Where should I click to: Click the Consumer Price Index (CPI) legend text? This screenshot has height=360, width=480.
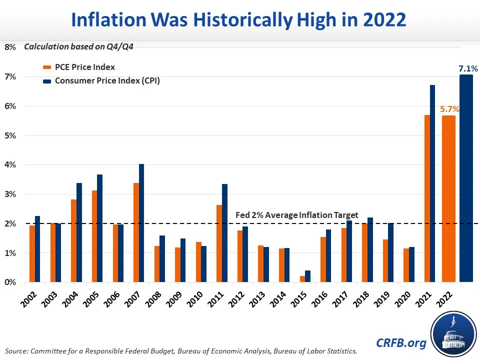point(108,80)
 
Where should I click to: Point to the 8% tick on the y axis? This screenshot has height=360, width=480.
point(10,47)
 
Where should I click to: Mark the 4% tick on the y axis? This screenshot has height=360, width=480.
point(10,165)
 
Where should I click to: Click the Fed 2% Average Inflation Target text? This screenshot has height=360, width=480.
point(296,215)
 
